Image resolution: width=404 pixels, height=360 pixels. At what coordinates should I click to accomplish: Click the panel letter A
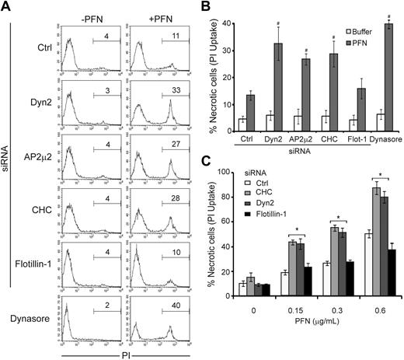7,7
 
